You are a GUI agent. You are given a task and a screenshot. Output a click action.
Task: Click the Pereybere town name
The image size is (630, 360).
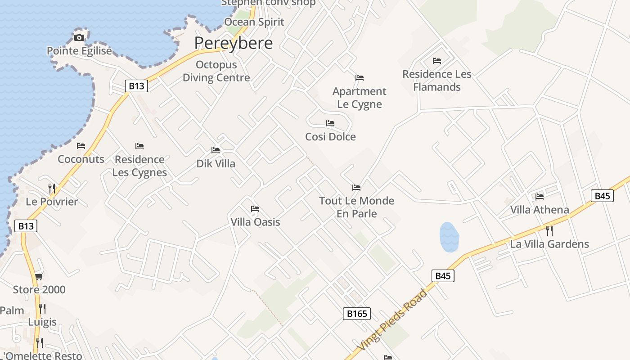[234, 43]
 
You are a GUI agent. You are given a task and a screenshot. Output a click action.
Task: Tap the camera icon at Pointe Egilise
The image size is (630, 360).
[79, 37]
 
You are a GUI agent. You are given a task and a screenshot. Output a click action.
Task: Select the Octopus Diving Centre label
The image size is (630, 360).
[216, 71]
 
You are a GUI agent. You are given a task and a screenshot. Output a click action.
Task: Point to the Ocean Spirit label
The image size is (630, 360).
[254, 22]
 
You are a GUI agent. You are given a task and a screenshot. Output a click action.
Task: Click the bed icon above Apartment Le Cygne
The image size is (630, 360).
[359, 78]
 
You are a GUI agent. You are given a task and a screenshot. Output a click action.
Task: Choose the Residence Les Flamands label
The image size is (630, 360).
[437, 81]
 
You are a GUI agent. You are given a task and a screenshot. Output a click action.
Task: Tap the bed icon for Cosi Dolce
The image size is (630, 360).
[330, 123]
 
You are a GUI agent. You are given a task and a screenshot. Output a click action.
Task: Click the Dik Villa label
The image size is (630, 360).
[216, 163]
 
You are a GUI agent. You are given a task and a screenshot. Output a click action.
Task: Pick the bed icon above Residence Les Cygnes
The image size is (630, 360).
[139, 146]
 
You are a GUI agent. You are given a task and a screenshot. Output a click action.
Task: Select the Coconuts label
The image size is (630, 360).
[81, 159]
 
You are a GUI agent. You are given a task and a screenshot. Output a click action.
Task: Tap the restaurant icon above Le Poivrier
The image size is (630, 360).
[52, 188]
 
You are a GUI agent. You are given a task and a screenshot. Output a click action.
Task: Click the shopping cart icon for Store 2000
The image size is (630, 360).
[39, 276]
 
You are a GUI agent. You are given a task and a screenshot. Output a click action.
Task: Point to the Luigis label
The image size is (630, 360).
[42, 322]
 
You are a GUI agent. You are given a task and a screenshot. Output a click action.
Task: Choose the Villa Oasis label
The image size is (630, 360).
[255, 222]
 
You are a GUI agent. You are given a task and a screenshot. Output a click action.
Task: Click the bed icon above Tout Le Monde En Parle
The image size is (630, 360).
[356, 188]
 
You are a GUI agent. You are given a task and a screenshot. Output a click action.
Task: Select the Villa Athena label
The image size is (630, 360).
[540, 210]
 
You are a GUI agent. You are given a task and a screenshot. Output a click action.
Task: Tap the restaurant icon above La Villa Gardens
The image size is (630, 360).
[549, 231]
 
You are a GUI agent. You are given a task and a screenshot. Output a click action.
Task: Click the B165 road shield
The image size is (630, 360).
[356, 314]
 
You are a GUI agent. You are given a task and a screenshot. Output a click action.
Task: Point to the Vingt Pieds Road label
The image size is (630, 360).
[392, 320]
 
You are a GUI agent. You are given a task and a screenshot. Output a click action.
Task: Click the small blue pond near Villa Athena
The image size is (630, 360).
[449, 237]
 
